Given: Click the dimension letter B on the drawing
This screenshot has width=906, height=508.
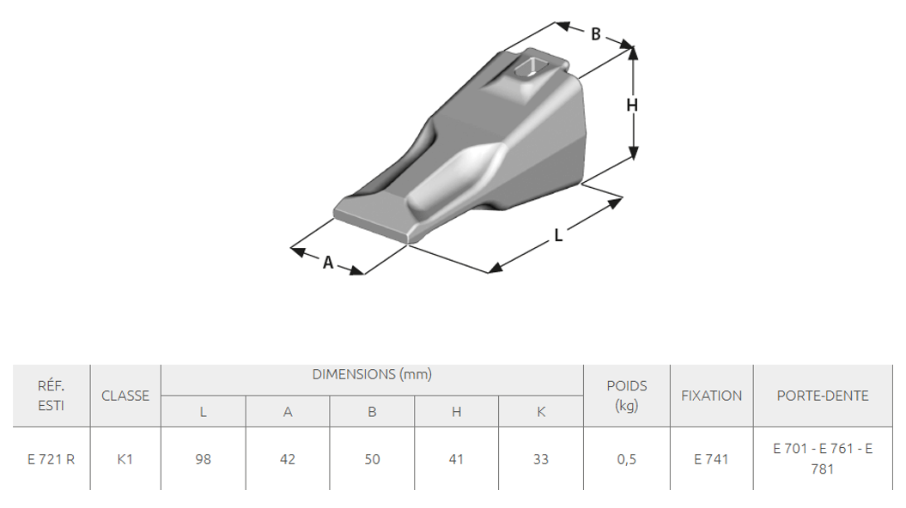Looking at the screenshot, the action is pos(596,34).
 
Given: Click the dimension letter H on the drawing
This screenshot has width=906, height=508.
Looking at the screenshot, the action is pos(632,105).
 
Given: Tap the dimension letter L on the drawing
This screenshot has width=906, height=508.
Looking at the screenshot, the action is pos(558,235).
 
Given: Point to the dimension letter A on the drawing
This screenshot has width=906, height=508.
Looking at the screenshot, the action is pos(328,263).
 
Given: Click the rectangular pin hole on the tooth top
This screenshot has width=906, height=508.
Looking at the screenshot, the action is pos(530,67).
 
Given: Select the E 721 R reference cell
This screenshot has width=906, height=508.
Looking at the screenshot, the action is pos(51,459).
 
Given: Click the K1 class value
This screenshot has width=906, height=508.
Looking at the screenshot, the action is pos(125,459).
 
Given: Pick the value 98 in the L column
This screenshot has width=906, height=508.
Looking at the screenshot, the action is pos(204,459).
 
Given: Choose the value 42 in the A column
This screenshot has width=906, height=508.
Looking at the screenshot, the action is pos(288,459).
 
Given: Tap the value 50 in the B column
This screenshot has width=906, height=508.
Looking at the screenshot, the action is pos(372,459).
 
